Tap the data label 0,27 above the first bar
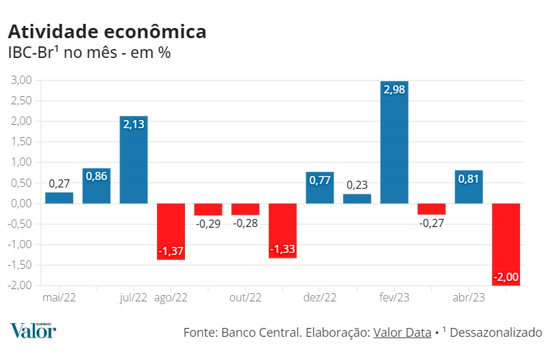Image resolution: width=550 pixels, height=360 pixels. pos(59,183)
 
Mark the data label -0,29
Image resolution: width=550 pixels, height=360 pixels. pos(208,224)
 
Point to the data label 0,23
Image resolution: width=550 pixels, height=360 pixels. pos(358,184)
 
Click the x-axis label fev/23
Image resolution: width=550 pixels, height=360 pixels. pos(394,297)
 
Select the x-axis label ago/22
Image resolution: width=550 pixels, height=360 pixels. pos(171,297)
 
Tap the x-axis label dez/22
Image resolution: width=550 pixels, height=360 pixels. pos(320,297)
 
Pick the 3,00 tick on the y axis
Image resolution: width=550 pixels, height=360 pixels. pos(21,80)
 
